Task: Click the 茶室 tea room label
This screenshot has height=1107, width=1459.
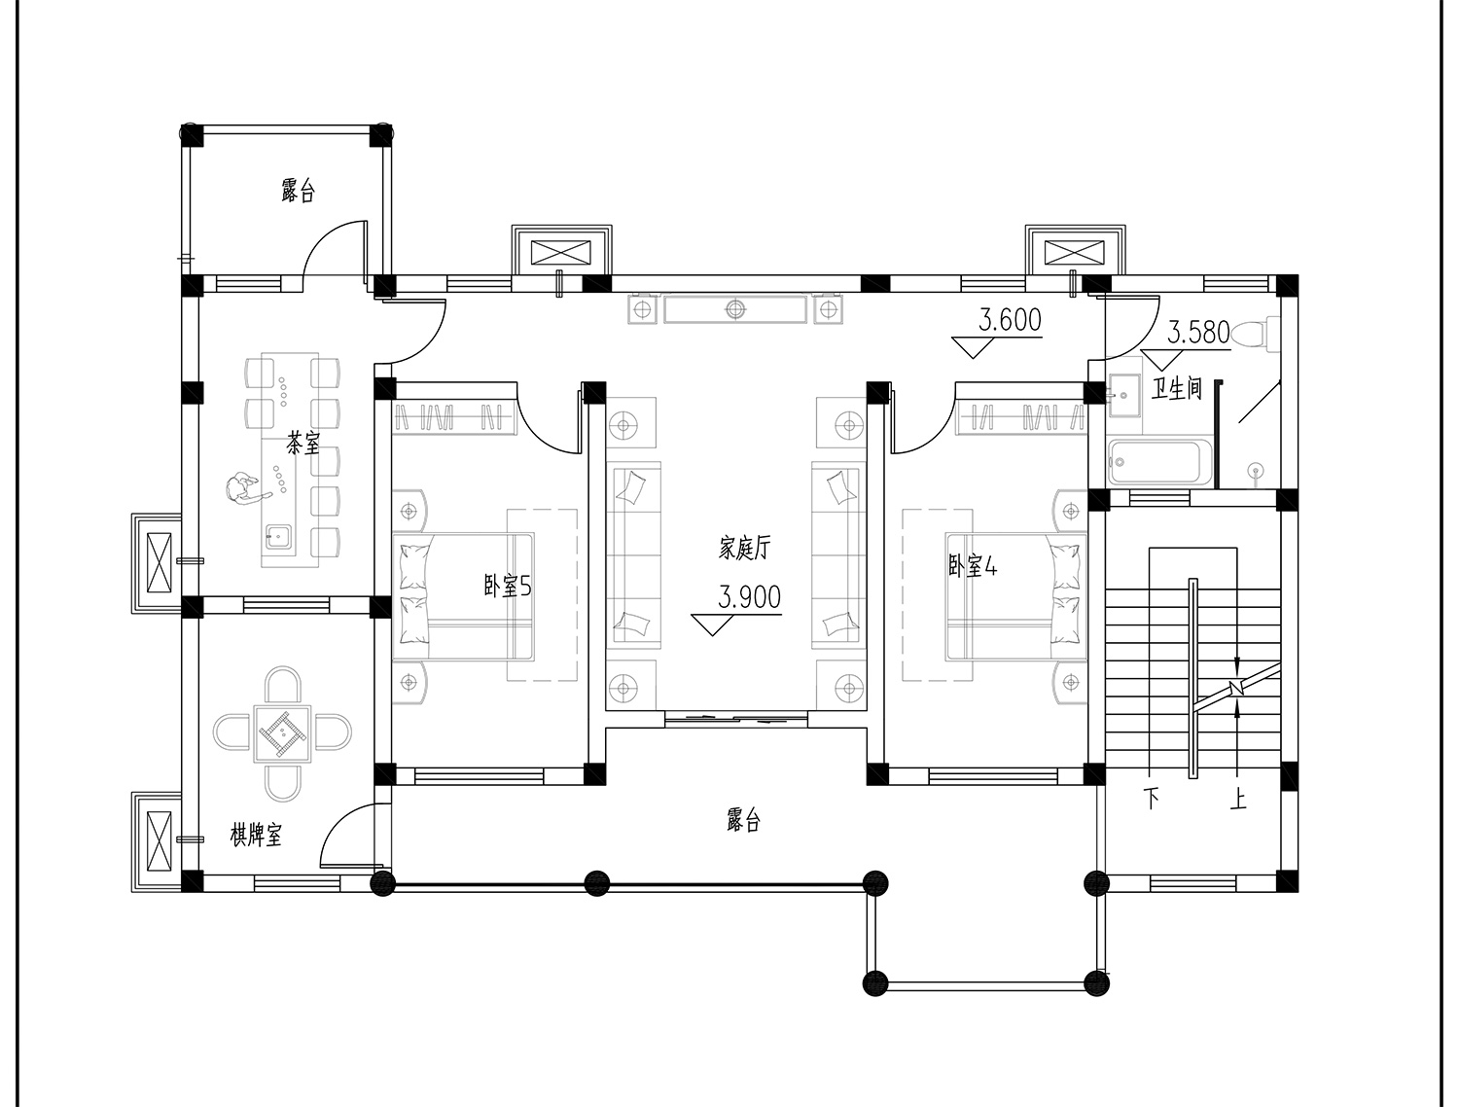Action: (x=302, y=443)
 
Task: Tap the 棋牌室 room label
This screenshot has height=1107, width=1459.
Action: (x=256, y=835)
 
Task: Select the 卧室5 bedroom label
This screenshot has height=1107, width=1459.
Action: (x=507, y=586)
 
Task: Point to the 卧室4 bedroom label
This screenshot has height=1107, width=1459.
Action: (x=972, y=566)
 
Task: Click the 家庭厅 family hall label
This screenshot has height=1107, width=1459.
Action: (x=744, y=549)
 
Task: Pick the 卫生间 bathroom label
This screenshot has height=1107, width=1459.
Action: (x=1177, y=388)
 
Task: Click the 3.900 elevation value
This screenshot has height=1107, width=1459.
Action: (x=749, y=597)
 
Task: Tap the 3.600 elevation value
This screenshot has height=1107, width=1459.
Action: (x=1010, y=320)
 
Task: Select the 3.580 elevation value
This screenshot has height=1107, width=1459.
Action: (x=1198, y=333)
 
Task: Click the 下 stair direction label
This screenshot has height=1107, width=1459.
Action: (x=1152, y=799)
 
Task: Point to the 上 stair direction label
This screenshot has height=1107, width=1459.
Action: (x=1237, y=799)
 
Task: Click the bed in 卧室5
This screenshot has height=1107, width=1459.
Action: (x=463, y=596)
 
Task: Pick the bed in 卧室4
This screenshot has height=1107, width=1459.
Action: (x=1016, y=596)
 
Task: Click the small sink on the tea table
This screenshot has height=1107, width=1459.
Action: (x=278, y=536)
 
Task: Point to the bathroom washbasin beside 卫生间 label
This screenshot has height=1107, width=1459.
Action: (x=1124, y=395)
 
